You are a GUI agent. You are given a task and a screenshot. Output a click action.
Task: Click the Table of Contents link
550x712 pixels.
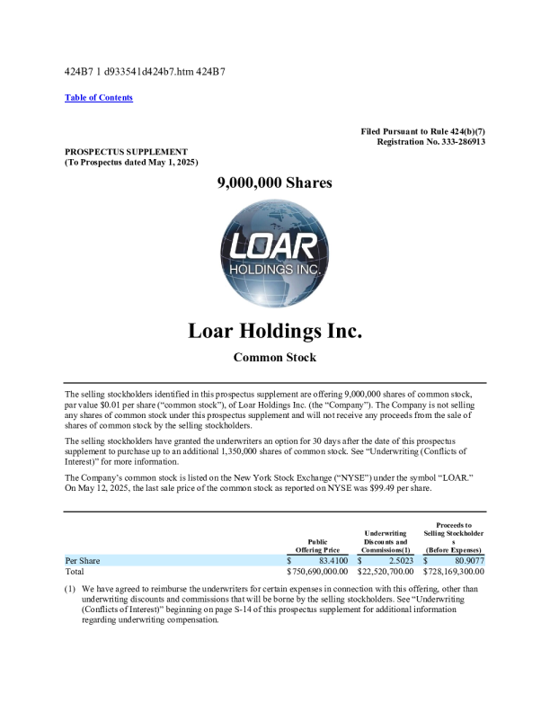[99, 97]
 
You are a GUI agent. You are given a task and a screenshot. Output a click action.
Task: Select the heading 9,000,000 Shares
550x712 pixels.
[274, 182]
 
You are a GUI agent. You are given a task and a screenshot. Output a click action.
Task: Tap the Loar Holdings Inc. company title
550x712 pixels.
[274, 331]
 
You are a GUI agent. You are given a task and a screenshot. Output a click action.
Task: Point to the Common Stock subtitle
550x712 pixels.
[274, 358]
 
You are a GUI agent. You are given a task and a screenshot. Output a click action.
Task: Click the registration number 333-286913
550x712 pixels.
[455, 142]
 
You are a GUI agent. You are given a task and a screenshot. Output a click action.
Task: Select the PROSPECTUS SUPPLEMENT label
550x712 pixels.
[126, 151]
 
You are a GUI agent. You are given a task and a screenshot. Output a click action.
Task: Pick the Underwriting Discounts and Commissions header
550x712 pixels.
[386, 541]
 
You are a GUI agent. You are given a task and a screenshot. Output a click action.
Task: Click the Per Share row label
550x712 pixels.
[83, 560]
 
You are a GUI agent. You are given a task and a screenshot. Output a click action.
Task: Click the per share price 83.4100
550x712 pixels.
[328, 560]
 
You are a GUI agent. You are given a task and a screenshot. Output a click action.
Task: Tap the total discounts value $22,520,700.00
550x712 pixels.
[386, 571]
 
